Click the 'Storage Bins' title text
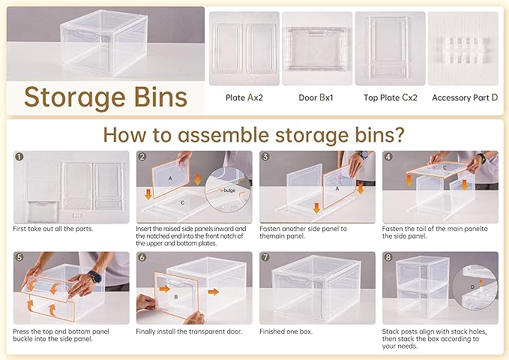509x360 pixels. click(105, 97)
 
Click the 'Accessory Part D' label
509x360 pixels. click(465, 97)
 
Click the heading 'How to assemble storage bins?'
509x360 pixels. click(253, 135)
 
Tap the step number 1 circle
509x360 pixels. click(19, 157)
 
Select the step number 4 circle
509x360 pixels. click(388, 157)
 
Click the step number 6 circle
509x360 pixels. click(142, 258)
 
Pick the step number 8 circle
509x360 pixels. click(388, 258)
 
